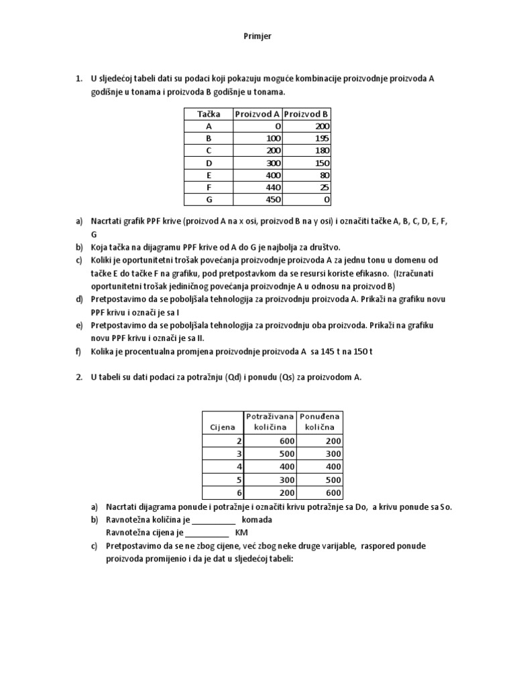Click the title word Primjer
pyautogui.click(x=257, y=36)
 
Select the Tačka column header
pyautogui.click(x=209, y=114)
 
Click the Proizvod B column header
pyautogui.click(x=306, y=114)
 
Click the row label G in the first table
pyautogui.click(x=209, y=200)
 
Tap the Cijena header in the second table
pyautogui.click(x=223, y=426)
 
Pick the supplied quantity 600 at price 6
pyautogui.click(x=331, y=492)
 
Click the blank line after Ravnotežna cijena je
pyautogui.click(x=207, y=533)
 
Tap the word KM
pyautogui.click(x=242, y=533)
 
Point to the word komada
pyautogui.click(x=257, y=520)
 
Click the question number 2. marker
pyautogui.click(x=78, y=377)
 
